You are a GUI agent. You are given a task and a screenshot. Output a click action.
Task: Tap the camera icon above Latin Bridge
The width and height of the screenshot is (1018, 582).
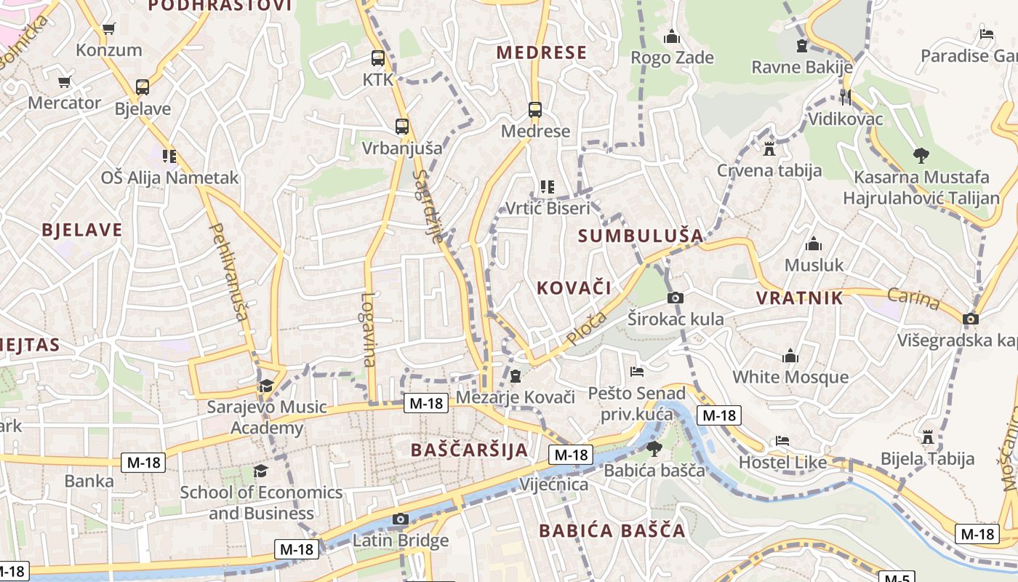[400, 519]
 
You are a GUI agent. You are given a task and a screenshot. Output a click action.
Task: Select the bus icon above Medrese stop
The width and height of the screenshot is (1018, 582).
[535, 110]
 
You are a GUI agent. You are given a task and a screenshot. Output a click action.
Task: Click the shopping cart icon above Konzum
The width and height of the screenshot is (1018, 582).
[109, 29]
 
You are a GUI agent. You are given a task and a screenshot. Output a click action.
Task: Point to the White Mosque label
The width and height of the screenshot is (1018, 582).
[790, 377]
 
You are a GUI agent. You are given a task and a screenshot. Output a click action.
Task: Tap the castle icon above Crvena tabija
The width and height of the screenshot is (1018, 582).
[769, 149]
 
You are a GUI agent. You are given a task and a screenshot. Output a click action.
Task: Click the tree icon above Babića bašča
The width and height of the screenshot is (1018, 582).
[654, 448]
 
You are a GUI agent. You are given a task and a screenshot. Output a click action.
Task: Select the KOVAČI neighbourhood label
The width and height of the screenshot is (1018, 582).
[574, 287]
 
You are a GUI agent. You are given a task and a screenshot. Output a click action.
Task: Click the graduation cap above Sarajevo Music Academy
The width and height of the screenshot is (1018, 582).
[266, 386]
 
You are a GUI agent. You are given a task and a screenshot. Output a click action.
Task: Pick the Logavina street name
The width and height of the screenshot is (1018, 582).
[369, 329]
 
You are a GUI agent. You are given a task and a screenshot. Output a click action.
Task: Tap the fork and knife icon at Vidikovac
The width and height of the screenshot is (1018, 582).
[845, 97]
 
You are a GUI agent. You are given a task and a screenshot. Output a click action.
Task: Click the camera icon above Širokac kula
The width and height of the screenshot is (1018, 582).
[676, 298]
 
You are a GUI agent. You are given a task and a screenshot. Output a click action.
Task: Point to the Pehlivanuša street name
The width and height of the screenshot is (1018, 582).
[229, 271]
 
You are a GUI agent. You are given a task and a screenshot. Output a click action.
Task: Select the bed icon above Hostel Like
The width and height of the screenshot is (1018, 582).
[782, 441]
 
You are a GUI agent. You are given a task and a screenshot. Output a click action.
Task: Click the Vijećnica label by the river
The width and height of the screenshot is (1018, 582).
[554, 485]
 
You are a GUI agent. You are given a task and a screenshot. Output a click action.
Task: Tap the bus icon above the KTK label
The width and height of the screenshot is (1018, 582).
[377, 58]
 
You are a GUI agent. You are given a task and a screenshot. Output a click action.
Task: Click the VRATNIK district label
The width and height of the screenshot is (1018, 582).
[800, 298]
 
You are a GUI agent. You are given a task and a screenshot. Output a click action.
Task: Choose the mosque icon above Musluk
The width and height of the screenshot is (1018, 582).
[814, 244]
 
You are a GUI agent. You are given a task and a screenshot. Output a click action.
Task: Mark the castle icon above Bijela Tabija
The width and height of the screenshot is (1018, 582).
[927, 437]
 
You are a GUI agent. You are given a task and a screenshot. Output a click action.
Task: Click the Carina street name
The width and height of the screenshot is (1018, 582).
[913, 299]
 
